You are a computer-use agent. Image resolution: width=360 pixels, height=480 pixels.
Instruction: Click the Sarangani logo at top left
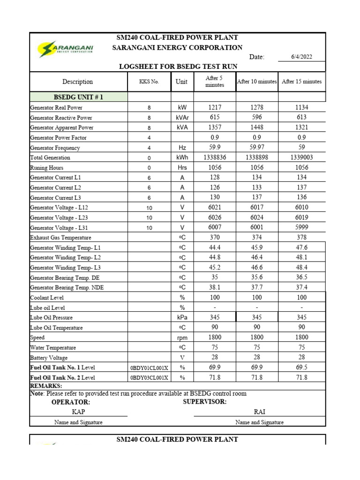pyautogui.click(x=66, y=49)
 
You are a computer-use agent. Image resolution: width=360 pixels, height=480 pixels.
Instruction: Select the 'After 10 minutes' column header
pyautogui.click(x=257, y=82)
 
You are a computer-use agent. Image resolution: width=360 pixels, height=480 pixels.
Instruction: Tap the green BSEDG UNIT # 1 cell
pyautogui.click(x=78, y=97)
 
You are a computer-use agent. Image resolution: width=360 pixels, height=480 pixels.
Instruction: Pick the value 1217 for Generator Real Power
pyautogui.click(x=215, y=107)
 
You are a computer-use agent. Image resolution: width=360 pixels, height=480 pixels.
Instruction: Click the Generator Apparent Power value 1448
pyautogui.click(x=257, y=127)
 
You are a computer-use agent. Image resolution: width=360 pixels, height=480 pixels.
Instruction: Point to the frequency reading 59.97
pyautogui.click(x=257, y=148)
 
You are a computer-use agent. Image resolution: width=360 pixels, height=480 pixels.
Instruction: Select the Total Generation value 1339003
pyautogui.click(x=301, y=157)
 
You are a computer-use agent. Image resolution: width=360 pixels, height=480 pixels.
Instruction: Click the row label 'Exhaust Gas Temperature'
pyautogui.click(x=60, y=238)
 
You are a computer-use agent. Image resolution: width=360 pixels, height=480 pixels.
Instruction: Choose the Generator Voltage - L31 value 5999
pyautogui.click(x=301, y=227)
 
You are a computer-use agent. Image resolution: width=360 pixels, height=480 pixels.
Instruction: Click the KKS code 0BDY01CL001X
pyautogui.click(x=149, y=367)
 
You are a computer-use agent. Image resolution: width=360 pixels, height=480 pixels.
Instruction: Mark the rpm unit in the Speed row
pyautogui.click(x=182, y=337)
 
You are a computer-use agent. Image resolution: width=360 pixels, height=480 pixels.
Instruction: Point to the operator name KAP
pyautogui.click(x=78, y=412)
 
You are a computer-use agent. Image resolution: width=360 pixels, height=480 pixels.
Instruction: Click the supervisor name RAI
pyautogui.click(x=259, y=412)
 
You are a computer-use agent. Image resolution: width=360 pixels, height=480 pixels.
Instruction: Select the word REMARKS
pyautogui.click(x=46, y=385)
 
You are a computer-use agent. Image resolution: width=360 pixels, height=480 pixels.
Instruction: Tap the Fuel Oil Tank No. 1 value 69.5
pyautogui.click(x=301, y=367)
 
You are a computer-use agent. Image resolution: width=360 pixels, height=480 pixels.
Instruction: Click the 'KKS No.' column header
pyautogui.click(x=149, y=82)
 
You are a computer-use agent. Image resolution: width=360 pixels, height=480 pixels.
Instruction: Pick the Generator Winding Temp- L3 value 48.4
pyautogui.click(x=301, y=267)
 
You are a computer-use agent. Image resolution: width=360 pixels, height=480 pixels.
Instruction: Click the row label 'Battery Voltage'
pyautogui.click(x=49, y=358)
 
